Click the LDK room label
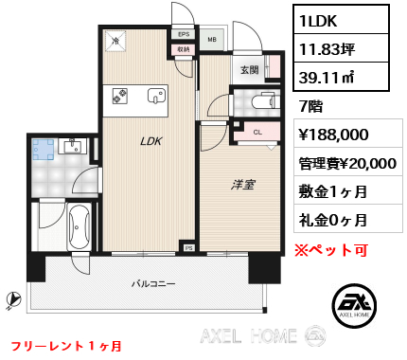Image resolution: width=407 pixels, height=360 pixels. point(150,141)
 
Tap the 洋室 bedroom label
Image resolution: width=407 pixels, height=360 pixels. point(242,185)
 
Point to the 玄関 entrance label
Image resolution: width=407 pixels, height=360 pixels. point(249,69)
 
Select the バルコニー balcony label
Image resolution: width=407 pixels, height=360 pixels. point(153,283)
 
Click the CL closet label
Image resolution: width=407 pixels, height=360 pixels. point(257,133)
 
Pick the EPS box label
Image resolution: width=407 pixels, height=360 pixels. point(184,34)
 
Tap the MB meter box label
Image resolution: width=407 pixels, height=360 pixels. point(212,40)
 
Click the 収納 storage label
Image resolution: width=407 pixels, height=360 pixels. point(184,49)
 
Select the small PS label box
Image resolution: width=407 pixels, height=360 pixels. point(188,248)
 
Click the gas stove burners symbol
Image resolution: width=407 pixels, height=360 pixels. point(120,96)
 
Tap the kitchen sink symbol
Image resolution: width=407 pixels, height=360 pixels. point(156,96)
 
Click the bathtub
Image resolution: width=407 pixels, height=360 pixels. point(80,227)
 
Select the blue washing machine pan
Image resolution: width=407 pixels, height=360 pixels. point(44,150)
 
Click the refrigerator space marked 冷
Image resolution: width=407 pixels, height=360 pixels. point(115,41)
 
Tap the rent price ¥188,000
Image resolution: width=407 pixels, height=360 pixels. point(333,135)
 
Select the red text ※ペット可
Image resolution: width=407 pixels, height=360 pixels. point(331,250)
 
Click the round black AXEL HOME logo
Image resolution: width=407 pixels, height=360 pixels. point(354,305)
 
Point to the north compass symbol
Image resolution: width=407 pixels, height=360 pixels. point(13,298)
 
